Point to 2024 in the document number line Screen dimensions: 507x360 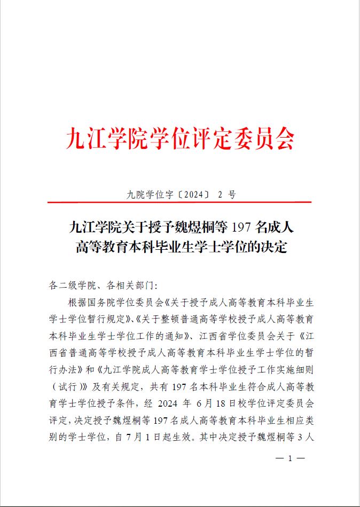(193, 195)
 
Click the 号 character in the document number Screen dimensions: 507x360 (231, 195)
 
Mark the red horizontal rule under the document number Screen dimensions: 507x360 (179, 203)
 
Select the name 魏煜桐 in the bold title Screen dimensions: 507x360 (196, 228)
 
